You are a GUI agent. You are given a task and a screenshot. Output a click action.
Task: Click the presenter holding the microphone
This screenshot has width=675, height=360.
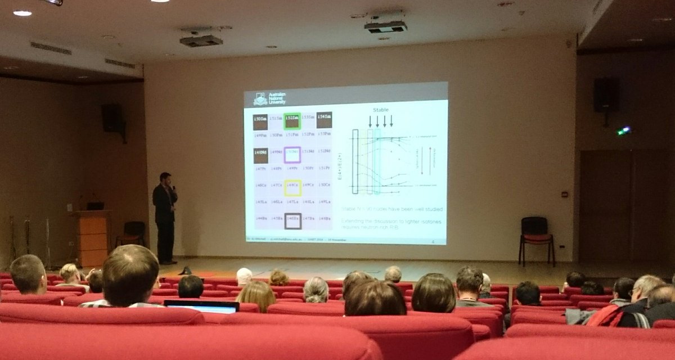click(x=165, y=217)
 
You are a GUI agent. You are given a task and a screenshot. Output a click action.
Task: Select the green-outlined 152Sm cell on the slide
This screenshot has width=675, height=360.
click(x=291, y=120)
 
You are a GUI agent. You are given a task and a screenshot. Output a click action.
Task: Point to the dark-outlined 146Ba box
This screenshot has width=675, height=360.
click(x=292, y=220)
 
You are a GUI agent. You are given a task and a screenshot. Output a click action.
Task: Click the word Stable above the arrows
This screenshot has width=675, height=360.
click(x=381, y=110)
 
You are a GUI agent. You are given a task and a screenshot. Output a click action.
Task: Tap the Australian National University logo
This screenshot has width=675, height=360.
click(x=260, y=99)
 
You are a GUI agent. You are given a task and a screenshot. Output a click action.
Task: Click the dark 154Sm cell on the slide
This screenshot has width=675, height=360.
click(x=324, y=119)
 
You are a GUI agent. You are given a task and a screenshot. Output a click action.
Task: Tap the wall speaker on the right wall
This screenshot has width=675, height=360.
click(x=605, y=95)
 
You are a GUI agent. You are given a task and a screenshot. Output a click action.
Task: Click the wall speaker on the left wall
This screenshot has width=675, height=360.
click(x=111, y=118)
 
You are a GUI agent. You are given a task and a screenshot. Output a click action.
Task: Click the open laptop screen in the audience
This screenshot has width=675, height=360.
click(x=202, y=307)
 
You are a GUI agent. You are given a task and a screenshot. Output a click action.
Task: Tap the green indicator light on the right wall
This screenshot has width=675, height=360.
click(x=624, y=130)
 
